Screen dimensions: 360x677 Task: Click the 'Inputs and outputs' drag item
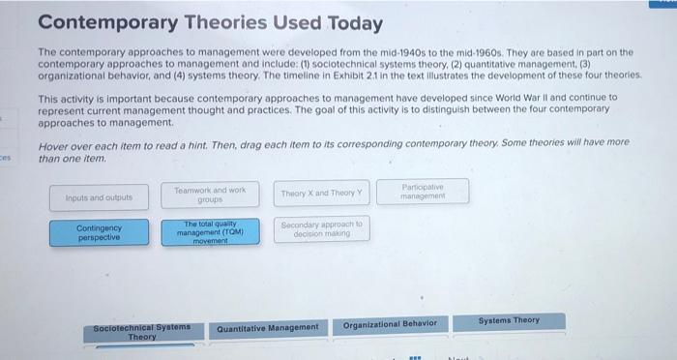pyautogui.click(x=100, y=197)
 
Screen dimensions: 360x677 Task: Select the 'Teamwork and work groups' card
pyautogui.click(x=210, y=194)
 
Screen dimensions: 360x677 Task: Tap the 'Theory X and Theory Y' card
pyautogui.click(x=320, y=194)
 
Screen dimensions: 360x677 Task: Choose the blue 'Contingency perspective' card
pyautogui.click(x=99, y=233)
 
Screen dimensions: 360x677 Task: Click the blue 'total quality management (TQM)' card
pyautogui.click(x=210, y=233)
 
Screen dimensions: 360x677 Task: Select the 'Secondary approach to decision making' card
pyautogui.click(x=320, y=228)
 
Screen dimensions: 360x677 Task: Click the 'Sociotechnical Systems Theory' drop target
pyautogui.click(x=142, y=332)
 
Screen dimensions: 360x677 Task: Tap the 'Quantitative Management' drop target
pyautogui.click(x=268, y=327)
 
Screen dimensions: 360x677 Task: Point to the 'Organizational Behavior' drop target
pyautogui.click(x=391, y=323)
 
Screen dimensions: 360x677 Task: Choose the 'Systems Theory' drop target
pyautogui.click(x=509, y=319)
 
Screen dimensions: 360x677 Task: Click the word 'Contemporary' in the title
pyautogui.click(x=103, y=22)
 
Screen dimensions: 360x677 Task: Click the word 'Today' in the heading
pyautogui.click(x=353, y=22)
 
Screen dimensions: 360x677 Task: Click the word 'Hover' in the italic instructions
pyautogui.click(x=54, y=143)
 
